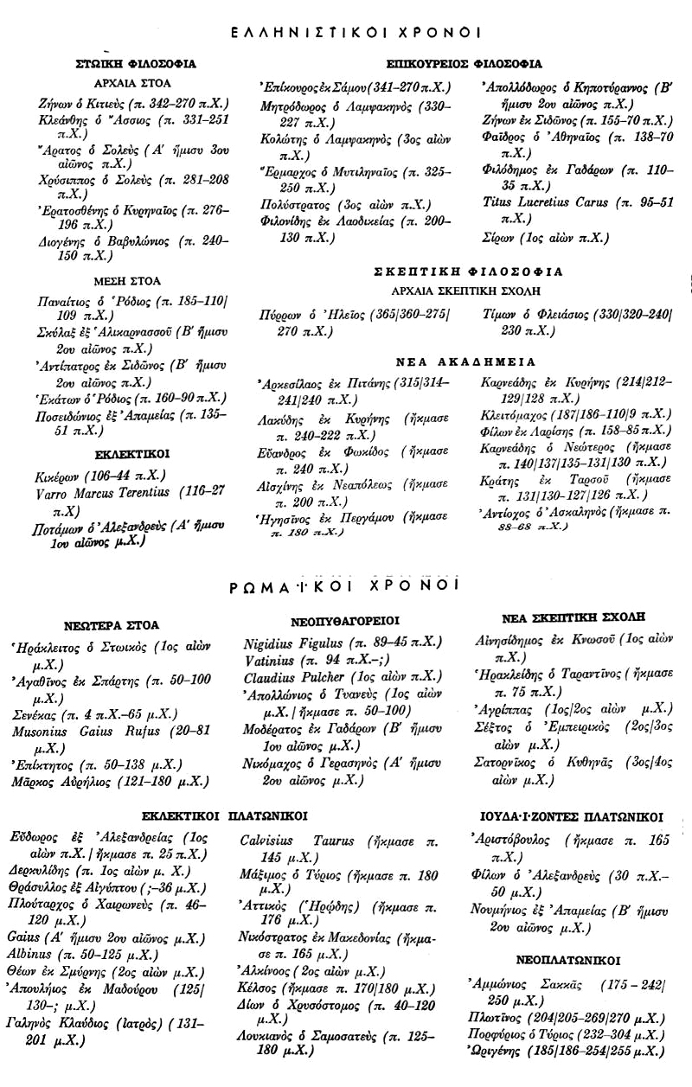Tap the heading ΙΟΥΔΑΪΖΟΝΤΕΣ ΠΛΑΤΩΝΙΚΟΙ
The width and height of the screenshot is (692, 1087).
pos(573,815)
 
